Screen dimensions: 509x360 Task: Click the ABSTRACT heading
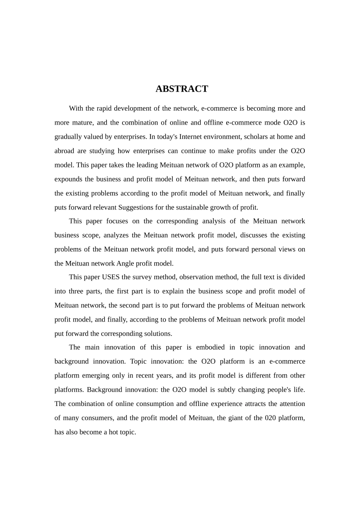coord(182,89)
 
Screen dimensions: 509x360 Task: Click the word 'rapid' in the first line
coord(104,109)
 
